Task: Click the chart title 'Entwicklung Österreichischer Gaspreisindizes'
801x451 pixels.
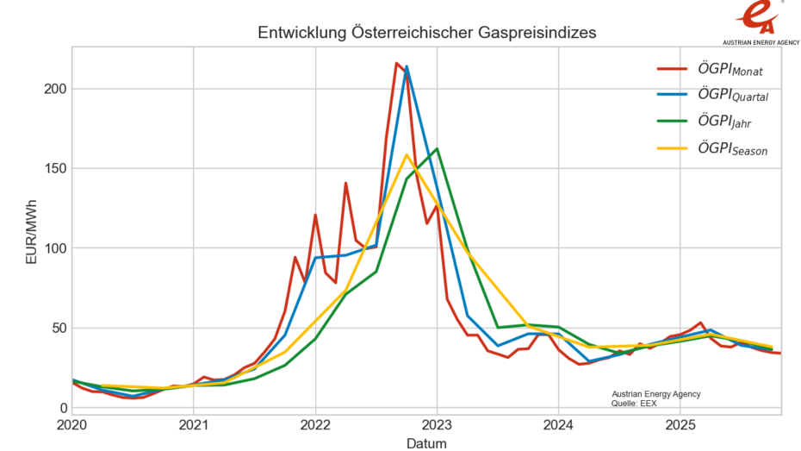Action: (426, 32)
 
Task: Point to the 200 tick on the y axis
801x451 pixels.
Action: (51, 89)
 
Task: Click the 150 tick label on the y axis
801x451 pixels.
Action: (51, 168)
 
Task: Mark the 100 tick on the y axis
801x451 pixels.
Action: (51, 248)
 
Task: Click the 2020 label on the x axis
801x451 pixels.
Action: (72, 425)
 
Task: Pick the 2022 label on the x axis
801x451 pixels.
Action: (315, 425)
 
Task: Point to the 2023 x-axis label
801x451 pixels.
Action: (437, 425)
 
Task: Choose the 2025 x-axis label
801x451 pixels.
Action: (680, 425)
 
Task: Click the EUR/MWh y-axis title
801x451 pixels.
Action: (31, 234)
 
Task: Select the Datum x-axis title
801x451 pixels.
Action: (426, 442)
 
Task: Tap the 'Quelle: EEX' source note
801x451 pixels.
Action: (633, 403)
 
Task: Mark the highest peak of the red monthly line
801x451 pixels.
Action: (396, 63)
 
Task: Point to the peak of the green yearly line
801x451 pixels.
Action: (437, 148)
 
